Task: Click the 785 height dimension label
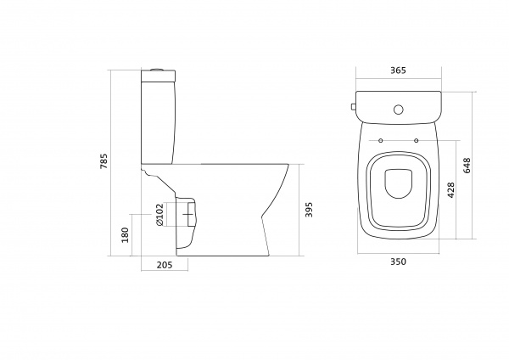point(103,160)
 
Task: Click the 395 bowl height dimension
point(309,210)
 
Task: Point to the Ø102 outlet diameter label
point(159,215)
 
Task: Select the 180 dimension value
point(125,235)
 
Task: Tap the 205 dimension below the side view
point(165,265)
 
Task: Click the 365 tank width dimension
point(398,70)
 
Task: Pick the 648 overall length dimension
point(467,165)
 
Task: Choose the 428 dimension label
point(451,190)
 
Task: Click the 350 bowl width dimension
point(398,262)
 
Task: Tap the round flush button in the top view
point(399,110)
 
